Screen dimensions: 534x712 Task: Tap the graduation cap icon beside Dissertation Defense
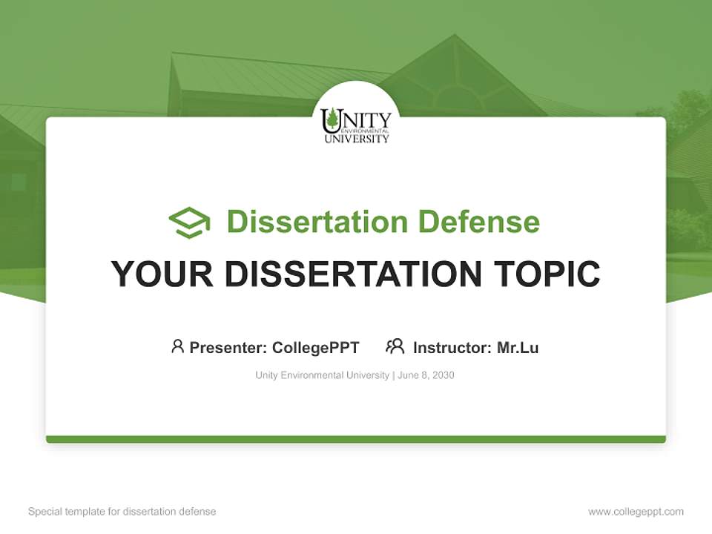point(189,222)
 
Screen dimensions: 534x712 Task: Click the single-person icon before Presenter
point(177,346)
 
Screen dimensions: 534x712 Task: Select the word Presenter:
point(228,347)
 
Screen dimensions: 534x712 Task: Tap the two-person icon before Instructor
point(395,346)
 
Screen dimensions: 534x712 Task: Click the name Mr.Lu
point(518,347)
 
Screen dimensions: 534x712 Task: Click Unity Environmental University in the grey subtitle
point(322,375)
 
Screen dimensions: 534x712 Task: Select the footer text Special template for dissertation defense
point(122,512)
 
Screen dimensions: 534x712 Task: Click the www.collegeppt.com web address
point(636,512)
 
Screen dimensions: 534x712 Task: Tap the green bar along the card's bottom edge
point(356,439)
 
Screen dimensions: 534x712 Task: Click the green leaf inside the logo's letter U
point(333,119)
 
